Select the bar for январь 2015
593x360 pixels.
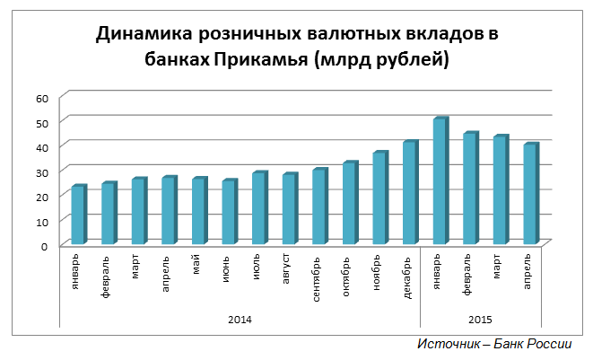(x=440, y=181)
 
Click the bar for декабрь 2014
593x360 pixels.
(x=409, y=193)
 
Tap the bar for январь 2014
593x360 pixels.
(x=78, y=215)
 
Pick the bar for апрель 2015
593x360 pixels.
(x=530, y=194)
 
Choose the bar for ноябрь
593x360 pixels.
(x=379, y=198)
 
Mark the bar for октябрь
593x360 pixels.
(x=349, y=204)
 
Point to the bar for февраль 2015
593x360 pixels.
(x=470, y=189)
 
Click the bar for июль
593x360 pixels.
(x=258, y=208)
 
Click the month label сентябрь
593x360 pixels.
(x=318, y=281)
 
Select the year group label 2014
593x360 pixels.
(x=240, y=319)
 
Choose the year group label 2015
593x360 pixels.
(x=481, y=319)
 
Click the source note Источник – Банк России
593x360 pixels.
(x=494, y=345)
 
